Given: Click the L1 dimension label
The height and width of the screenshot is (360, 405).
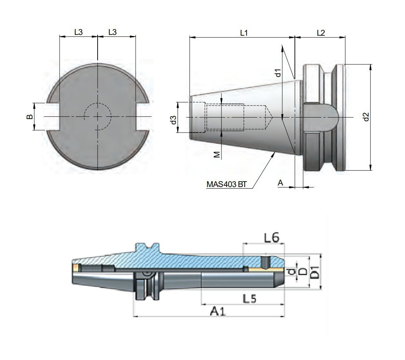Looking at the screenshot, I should tap(244, 33).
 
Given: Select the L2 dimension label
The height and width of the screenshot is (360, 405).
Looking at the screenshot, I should tap(320, 33).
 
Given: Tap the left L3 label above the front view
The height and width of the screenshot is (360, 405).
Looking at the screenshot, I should tap(78, 33).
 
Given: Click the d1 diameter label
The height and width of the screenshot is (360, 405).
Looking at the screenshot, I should tap(277, 73).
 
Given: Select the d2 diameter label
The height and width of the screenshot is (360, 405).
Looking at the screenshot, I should tap(365, 117).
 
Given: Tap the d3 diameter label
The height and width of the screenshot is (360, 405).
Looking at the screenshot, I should tap(173, 120).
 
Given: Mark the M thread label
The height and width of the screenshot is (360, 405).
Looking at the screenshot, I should tap(216, 155).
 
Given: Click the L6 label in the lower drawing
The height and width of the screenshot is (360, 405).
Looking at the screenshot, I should tap(271, 237).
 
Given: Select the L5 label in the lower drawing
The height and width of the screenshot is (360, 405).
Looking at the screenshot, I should tap(250, 299).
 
